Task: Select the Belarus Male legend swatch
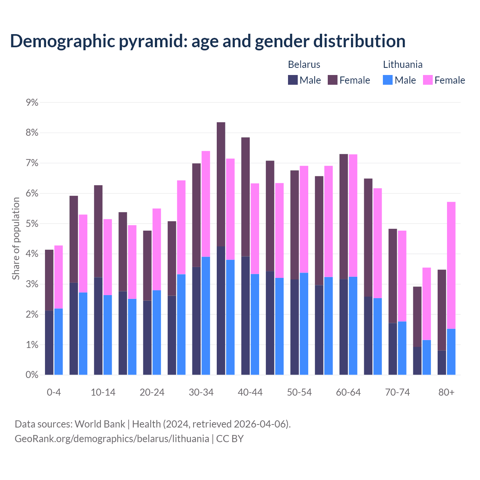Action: pyautogui.click(x=293, y=80)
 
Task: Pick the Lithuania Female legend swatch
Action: pyautogui.click(x=427, y=80)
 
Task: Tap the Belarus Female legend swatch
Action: pyautogui.click(x=333, y=80)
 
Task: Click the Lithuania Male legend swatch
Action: pyautogui.click(x=388, y=80)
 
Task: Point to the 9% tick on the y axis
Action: pyautogui.click(x=32, y=102)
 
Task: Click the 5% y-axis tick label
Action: pyautogui.click(x=32, y=223)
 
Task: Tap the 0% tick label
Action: pyautogui.click(x=32, y=375)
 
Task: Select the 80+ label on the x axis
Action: pyautogui.click(x=446, y=392)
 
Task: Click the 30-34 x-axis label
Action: pyautogui.click(x=201, y=392)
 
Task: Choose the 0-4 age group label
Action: pyautogui.click(x=54, y=392)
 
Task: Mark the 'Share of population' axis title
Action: pyautogui.click(x=16, y=238)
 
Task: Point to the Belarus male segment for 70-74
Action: pyautogui.click(x=393, y=349)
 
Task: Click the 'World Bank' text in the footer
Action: pyautogui.click(x=100, y=424)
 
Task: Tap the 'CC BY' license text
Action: pyautogui.click(x=230, y=439)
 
